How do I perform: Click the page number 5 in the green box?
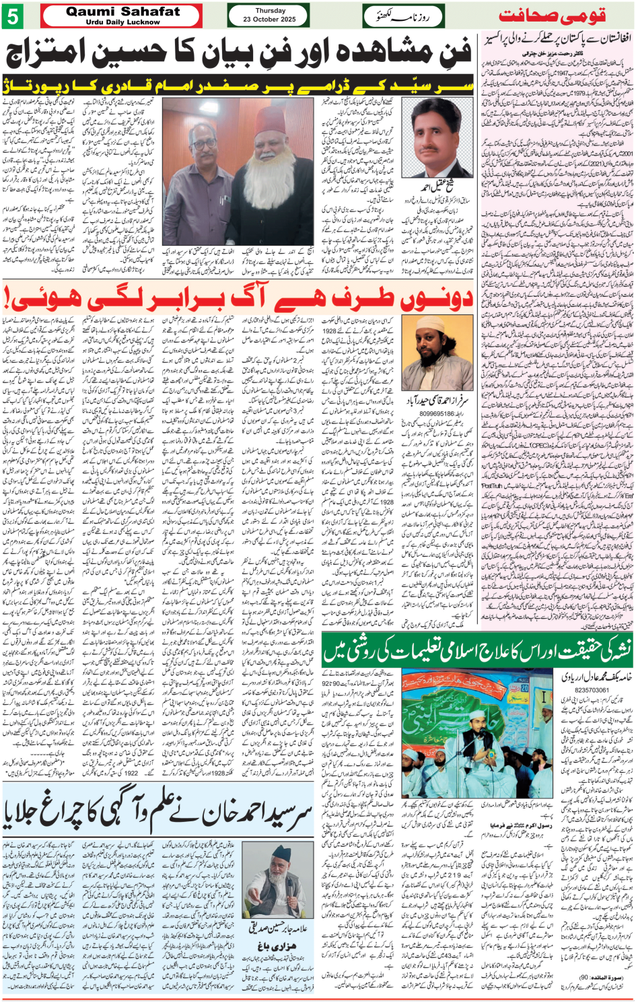12,15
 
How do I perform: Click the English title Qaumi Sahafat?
123,11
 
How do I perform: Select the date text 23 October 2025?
270,20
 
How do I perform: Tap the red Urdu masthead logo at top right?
552,15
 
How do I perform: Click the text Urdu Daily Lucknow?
123,22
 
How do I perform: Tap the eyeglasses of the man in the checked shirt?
204,143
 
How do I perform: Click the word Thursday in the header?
270,11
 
